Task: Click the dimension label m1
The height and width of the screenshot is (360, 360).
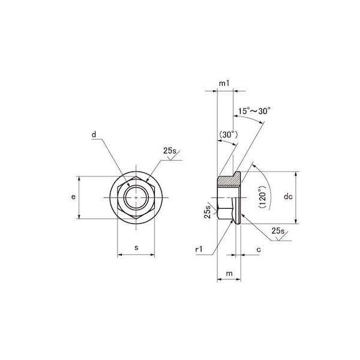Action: click(224, 83)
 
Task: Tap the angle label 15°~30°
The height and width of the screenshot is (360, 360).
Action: click(253, 111)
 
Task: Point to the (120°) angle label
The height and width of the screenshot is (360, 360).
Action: click(262, 197)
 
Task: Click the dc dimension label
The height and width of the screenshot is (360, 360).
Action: click(288, 197)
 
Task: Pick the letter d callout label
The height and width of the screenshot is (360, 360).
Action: click(94, 134)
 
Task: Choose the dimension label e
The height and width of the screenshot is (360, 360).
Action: click(73, 197)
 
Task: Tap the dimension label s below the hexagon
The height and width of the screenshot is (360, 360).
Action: click(136, 248)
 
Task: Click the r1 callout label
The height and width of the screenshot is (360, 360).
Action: click(199, 249)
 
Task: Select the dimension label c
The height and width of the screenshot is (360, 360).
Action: click(259, 250)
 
